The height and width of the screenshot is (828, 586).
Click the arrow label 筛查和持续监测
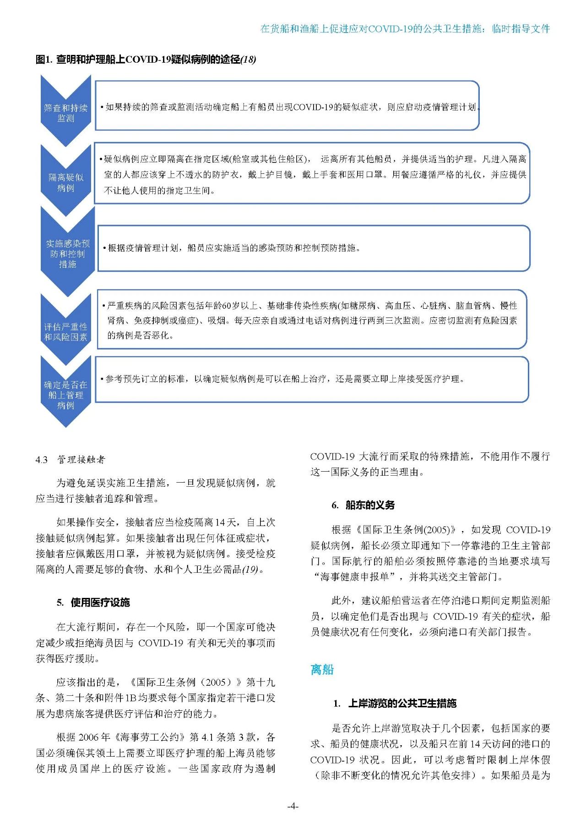[65, 113]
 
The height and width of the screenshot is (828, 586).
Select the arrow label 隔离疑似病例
[65, 183]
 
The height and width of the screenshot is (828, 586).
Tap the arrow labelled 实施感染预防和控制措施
[67, 253]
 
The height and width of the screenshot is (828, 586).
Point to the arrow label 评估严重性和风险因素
[65, 332]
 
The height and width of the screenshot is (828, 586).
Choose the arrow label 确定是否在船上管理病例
[65, 395]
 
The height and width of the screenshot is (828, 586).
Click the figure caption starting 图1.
[146, 59]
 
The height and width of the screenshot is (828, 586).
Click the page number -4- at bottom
[293, 806]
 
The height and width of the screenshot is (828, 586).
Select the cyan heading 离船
[322, 669]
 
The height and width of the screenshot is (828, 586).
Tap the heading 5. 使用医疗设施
[93, 602]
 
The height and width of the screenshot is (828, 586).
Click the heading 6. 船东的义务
[363, 505]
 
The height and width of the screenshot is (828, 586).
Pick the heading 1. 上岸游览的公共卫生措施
[395, 703]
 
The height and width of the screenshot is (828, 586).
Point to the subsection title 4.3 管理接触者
[71, 459]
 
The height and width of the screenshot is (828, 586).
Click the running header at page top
[405, 29]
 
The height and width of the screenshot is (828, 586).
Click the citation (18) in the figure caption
[248, 59]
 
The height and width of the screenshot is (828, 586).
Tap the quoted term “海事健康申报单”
[356, 577]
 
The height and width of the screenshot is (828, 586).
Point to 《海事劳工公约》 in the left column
[149, 737]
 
